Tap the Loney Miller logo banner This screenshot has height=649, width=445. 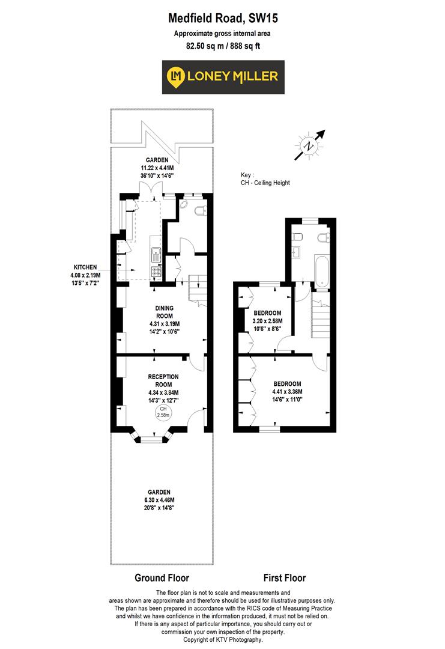pyautogui.click(x=222, y=76)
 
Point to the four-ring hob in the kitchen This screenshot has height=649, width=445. pyautogui.click(x=156, y=272)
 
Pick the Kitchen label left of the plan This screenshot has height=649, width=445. pyautogui.click(x=85, y=267)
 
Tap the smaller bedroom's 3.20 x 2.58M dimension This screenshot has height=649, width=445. pyautogui.click(x=267, y=322)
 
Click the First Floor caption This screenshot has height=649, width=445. pyautogui.click(x=284, y=578)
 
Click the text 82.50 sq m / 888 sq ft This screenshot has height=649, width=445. pyautogui.click(x=222, y=46)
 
